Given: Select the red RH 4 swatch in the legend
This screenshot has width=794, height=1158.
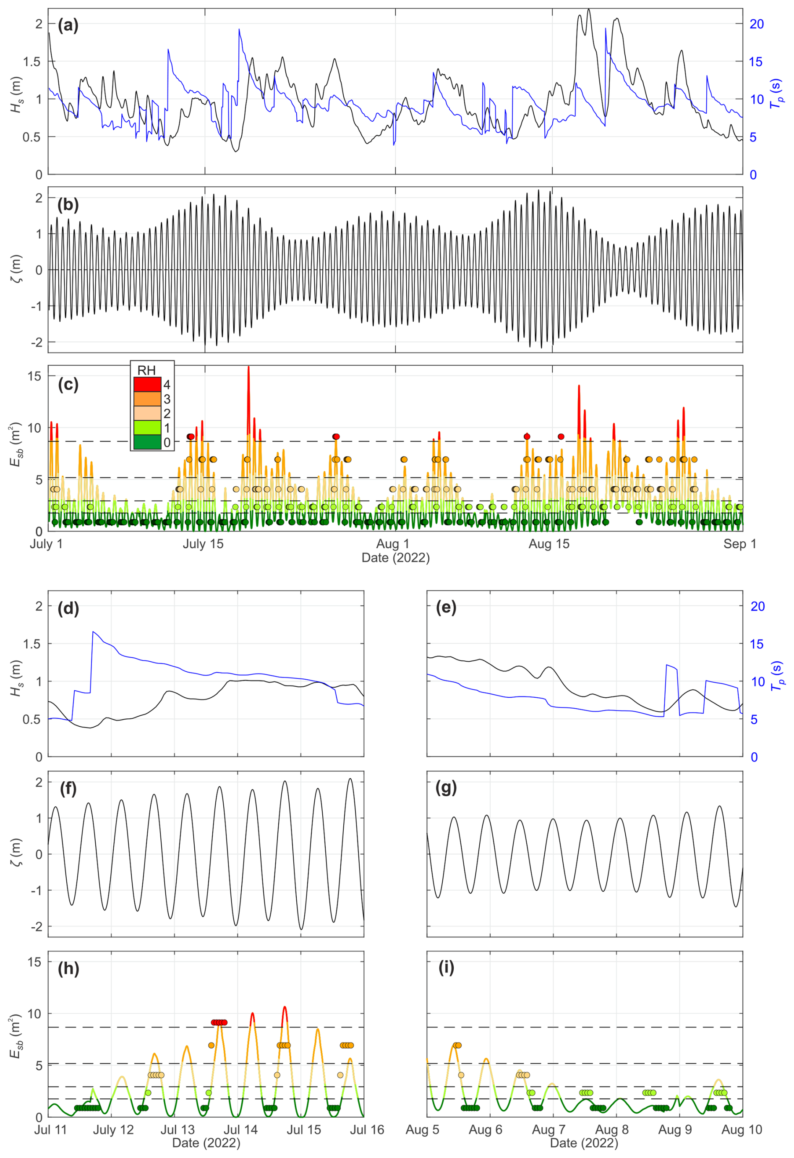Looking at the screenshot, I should [147, 384].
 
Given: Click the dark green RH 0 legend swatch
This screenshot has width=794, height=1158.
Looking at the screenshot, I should [147, 442].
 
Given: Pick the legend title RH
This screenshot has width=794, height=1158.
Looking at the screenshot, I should [146, 370].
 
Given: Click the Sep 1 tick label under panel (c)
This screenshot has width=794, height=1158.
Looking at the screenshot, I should [740, 544].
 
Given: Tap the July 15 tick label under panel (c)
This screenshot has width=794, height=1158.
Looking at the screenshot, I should [203, 544].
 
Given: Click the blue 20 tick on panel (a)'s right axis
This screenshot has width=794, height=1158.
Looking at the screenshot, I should [757, 24].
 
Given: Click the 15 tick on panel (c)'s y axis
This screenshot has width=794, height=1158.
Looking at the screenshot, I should [35, 376].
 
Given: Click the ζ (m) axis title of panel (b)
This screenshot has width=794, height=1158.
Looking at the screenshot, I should [16, 269].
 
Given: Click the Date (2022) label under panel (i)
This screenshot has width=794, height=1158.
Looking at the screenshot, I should [584, 1143].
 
